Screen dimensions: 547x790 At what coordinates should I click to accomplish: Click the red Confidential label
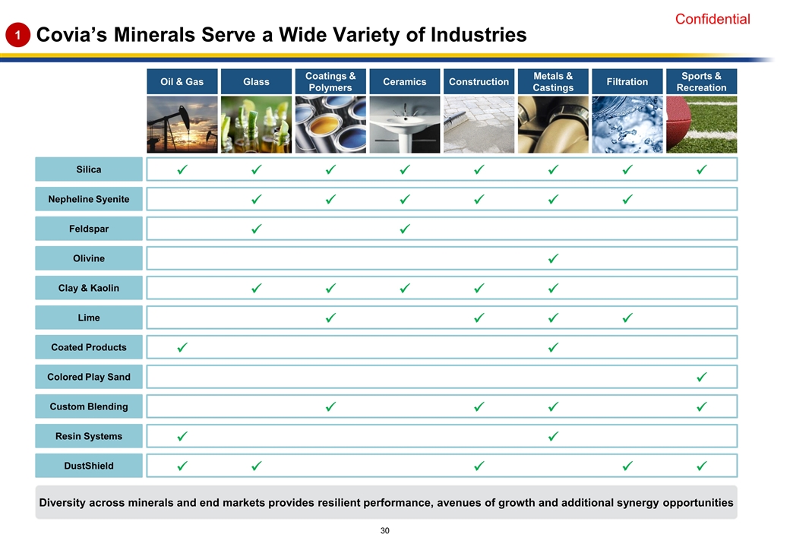[x=712, y=20]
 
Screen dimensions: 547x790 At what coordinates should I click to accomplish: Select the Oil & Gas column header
[x=182, y=81]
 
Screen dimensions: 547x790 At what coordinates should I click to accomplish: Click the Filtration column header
[x=627, y=81]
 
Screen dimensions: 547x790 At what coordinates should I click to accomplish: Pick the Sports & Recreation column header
[x=701, y=81]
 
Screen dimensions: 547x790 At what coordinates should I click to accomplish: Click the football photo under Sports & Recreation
[x=701, y=125]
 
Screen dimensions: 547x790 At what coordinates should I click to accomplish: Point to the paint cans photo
[x=330, y=125]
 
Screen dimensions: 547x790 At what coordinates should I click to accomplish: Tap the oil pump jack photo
[x=182, y=125]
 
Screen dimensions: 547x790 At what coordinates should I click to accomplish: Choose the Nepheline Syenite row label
[x=89, y=199]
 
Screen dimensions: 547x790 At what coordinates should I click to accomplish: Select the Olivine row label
[x=89, y=258]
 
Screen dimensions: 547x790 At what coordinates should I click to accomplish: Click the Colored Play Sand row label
[x=89, y=377]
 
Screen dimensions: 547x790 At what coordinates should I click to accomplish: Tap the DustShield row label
[x=89, y=466]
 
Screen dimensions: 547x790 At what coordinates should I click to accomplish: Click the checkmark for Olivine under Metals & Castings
[x=553, y=258]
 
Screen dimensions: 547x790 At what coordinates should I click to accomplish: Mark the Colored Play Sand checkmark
[x=701, y=377]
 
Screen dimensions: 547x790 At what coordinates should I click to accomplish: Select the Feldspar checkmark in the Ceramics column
[x=405, y=229]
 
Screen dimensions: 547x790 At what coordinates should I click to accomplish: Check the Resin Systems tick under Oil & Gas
[x=182, y=436]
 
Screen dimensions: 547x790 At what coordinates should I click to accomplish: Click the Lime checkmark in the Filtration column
[x=627, y=318]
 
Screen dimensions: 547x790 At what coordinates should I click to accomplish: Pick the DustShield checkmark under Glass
[x=256, y=466]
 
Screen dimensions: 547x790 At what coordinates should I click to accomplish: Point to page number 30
[x=385, y=530]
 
